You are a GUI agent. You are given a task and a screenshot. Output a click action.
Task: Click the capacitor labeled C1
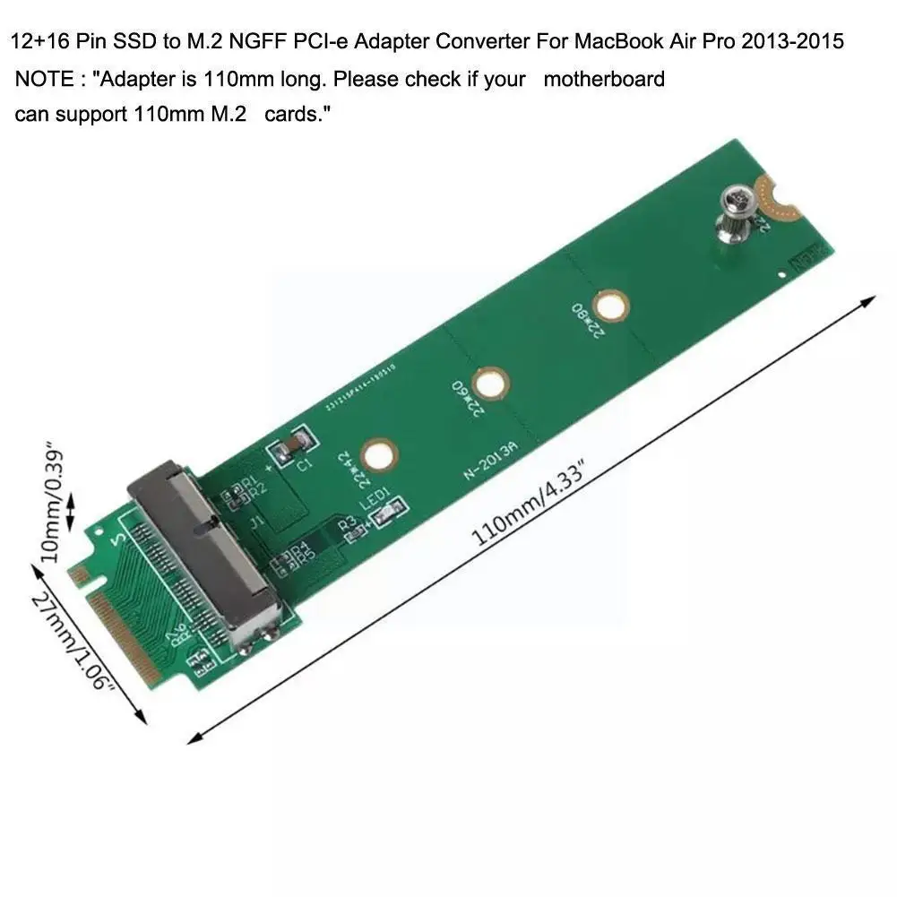(x=297, y=445)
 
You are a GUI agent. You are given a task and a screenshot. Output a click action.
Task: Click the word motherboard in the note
(x=604, y=79)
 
